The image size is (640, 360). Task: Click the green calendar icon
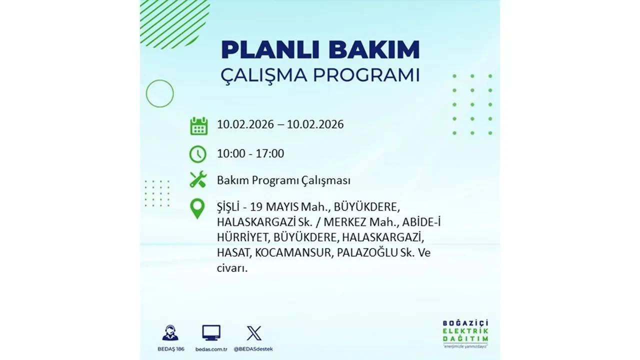198,125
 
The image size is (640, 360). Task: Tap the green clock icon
198,154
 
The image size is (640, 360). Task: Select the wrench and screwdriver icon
198,179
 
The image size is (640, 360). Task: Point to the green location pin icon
197,208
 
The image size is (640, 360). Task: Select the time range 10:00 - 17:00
250,153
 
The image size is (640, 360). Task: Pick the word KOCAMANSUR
292,253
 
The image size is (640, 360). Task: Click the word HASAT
233,253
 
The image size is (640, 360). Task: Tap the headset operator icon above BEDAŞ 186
170,333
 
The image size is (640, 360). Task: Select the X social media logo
254,333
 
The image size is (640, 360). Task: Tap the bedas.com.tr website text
211,349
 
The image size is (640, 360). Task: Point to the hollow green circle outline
159,93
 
